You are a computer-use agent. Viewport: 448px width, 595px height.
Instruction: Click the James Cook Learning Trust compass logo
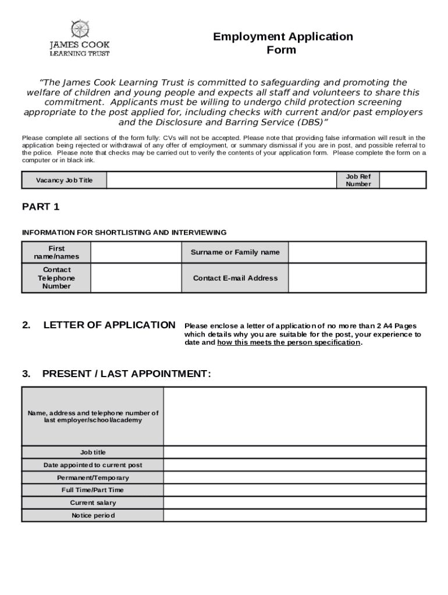click(80, 29)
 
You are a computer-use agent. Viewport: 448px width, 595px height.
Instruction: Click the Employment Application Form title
click(283, 43)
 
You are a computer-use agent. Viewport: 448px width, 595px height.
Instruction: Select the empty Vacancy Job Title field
click(221, 180)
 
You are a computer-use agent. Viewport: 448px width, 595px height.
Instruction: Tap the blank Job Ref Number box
click(403, 180)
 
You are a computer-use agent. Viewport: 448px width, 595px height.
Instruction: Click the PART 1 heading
click(41, 207)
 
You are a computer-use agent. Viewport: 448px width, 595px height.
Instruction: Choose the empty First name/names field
click(136, 253)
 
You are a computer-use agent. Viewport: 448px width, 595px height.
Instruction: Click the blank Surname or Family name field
click(357, 253)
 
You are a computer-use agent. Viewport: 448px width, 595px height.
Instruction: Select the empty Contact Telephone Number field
click(136, 278)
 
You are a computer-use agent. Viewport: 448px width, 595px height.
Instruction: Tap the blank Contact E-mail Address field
click(357, 278)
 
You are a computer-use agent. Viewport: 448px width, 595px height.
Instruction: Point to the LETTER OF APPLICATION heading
click(109, 325)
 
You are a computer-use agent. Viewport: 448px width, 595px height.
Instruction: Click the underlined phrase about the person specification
click(289, 343)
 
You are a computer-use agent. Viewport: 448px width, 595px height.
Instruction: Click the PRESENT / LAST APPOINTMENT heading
click(126, 374)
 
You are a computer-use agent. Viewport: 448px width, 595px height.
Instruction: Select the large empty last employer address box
click(294, 416)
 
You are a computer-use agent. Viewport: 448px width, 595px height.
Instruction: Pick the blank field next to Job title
click(294, 453)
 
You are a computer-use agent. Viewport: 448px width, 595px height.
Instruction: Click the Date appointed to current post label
click(93, 465)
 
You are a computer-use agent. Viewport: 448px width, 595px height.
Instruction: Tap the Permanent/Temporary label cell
click(93, 478)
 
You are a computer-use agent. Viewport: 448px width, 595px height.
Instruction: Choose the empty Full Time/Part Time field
click(294, 490)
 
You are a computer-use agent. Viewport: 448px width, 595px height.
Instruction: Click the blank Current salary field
click(294, 503)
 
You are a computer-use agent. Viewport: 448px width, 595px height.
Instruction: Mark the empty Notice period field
click(294, 515)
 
